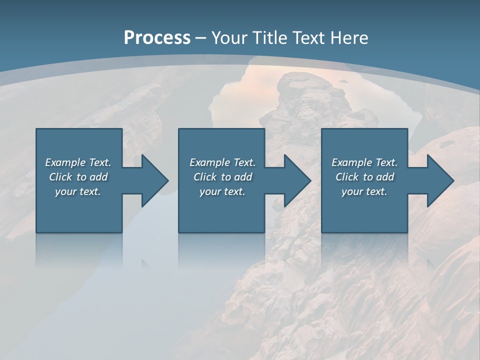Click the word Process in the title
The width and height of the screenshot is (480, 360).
(157, 38)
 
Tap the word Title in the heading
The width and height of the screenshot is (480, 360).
(270, 38)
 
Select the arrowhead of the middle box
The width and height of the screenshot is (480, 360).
(297, 180)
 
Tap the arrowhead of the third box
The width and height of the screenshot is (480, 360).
(440, 180)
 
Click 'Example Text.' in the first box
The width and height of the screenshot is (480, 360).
(78, 162)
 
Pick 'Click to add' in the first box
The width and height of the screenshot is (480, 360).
(78, 177)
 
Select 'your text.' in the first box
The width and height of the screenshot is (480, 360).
(78, 191)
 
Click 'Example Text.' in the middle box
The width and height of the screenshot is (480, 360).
(222, 162)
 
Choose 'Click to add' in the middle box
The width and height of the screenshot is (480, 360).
(222, 177)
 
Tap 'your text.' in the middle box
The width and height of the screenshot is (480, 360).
(222, 191)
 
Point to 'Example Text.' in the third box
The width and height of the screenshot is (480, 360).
(364, 162)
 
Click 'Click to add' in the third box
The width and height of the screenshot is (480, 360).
(364, 177)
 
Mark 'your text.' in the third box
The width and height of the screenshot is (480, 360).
(364, 191)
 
